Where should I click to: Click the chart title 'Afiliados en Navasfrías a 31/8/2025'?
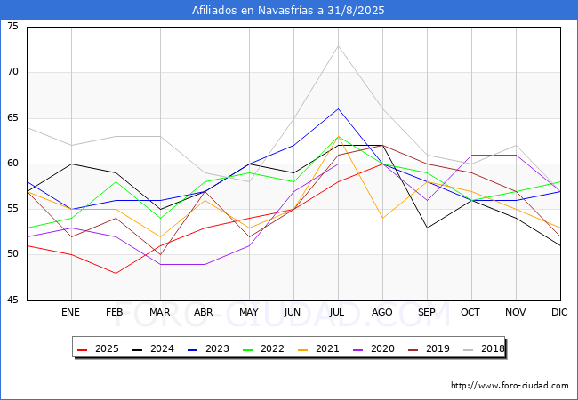[289, 11]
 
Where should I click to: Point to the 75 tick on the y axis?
[12, 27]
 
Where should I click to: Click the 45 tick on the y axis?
[12, 300]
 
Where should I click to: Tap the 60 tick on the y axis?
[12, 164]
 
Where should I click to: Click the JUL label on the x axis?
[338, 313]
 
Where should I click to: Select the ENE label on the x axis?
[71, 313]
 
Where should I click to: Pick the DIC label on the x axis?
[559, 313]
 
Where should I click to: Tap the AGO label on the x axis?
[382, 313]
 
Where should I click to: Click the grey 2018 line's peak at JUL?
[338, 45]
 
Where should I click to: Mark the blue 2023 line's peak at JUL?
[338, 108]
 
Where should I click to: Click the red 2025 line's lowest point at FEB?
[116, 273]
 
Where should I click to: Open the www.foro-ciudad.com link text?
[510, 386]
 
